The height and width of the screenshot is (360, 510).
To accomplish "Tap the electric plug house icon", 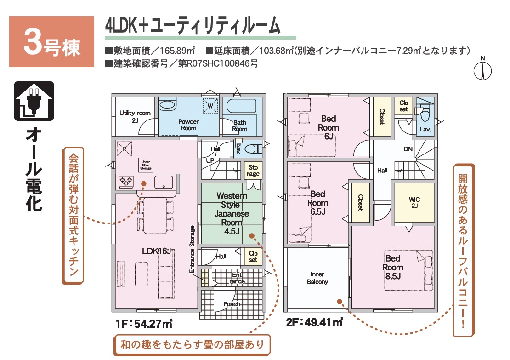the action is pyautogui.click(x=34, y=101).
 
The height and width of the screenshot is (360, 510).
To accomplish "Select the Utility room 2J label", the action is pyautogui.click(x=135, y=116).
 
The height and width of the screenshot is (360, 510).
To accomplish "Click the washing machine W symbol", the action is pyautogui.click(x=210, y=105).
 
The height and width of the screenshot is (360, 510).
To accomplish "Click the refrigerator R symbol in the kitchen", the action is pyautogui.click(x=124, y=149).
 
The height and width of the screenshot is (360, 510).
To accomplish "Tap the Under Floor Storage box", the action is pyautogui.click(x=146, y=165).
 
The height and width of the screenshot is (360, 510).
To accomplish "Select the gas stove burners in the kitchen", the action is pyautogui.click(x=126, y=182).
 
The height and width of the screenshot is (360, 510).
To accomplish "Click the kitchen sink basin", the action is pyautogui.click(x=164, y=182).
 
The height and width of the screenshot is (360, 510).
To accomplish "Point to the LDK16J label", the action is pyautogui.click(x=157, y=251).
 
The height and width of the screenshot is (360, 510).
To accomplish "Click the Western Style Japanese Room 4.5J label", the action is pyautogui.click(x=232, y=213).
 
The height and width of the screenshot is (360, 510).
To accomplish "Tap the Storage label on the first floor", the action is pyautogui.click(x=253, y=171).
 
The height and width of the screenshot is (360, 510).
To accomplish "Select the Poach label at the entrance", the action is pyautogui.click(x=232, y=304).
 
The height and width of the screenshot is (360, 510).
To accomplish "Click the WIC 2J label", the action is pyautogui.click(x=414, y=202).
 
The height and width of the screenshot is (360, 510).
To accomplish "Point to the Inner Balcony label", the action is pyautogui.click(x=317, y=278).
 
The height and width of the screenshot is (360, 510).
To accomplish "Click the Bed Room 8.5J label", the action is pyautogui.click(x=393, y=267).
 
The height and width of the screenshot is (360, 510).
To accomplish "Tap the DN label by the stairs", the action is pyautogui.click(x=408, y=149).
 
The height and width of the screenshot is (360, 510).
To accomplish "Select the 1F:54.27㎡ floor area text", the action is pyautogui.click(x=144, y=324).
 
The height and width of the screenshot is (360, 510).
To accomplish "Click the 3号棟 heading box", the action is pyautogui.click(x=52, y=42).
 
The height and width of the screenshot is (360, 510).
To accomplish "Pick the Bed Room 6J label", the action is pyautogui.click(x=329, y=127).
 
